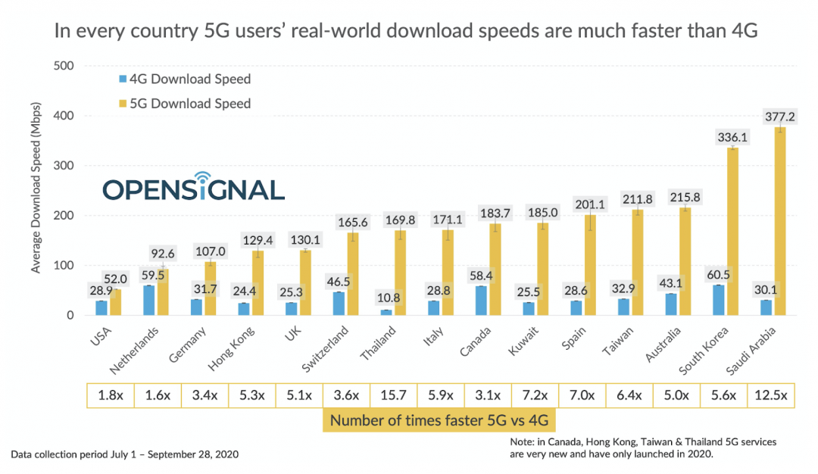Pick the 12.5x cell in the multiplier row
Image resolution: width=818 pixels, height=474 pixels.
tap(772, 394)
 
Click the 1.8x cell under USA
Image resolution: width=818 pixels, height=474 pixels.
tap(109, 394)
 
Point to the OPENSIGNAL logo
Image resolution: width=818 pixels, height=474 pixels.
tap(193, 187)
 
